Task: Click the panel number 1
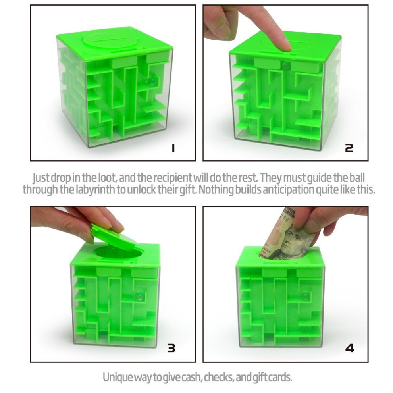coord(173,148)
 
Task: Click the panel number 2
coord(349,148)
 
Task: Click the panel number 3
coord(171,348)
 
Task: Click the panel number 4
coord(349,348)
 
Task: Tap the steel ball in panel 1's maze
coord(152,81)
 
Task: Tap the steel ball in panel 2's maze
coord(285,65)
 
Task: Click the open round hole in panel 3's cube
coord(118,253)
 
